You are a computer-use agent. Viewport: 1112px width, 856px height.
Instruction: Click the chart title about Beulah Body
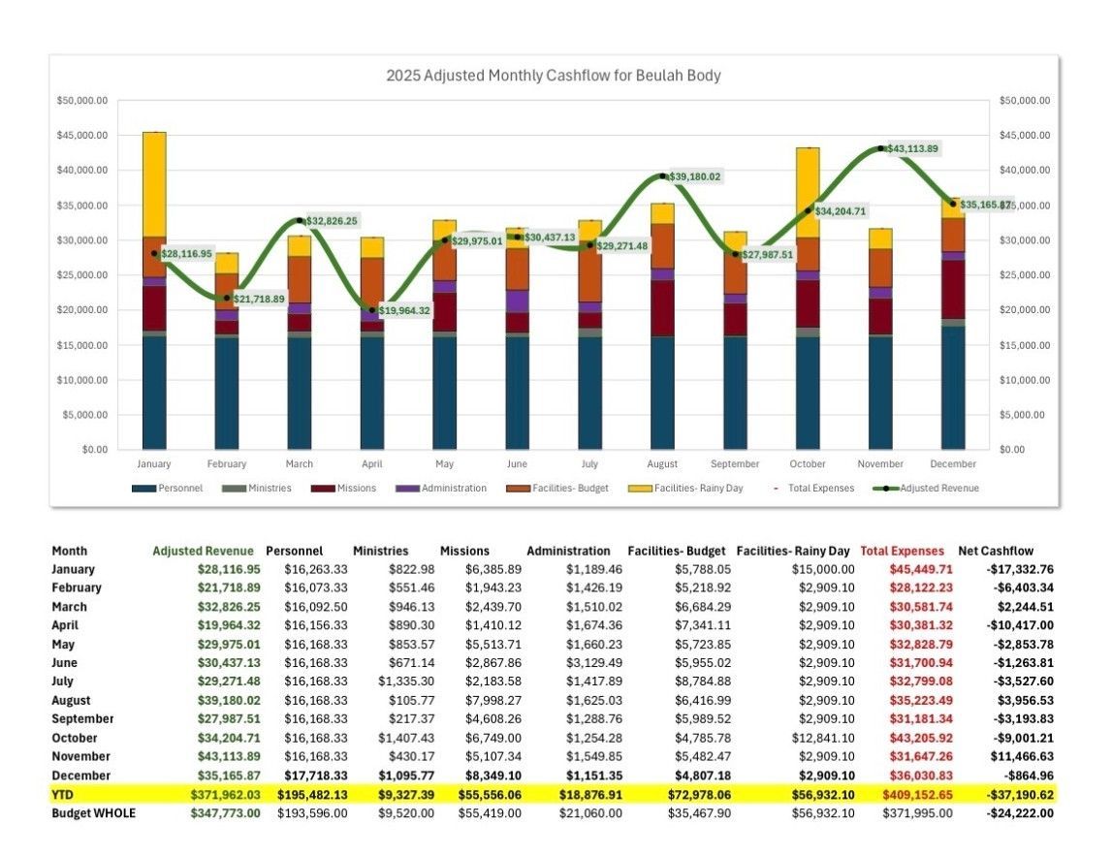(x=553, y=75)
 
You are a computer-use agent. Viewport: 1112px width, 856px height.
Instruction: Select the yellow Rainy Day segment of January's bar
(x=154, y=184)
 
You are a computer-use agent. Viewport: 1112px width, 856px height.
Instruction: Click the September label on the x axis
(x=736, y=464)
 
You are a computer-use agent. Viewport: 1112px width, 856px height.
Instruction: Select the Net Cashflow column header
(x=996, y=551)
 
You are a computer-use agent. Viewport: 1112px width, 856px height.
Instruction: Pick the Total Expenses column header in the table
(x=902, y=551)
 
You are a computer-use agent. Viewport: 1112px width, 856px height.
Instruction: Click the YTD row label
(x=63, y=795)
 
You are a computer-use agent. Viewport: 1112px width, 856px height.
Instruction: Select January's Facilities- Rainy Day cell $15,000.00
(x=822, y=569)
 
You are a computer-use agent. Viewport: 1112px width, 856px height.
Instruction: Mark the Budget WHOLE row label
(x=93, y=813)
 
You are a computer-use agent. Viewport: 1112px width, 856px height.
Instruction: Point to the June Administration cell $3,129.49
(x=588, y=663)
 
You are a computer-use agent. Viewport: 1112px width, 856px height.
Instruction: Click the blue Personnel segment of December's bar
(x=954, y=388)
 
